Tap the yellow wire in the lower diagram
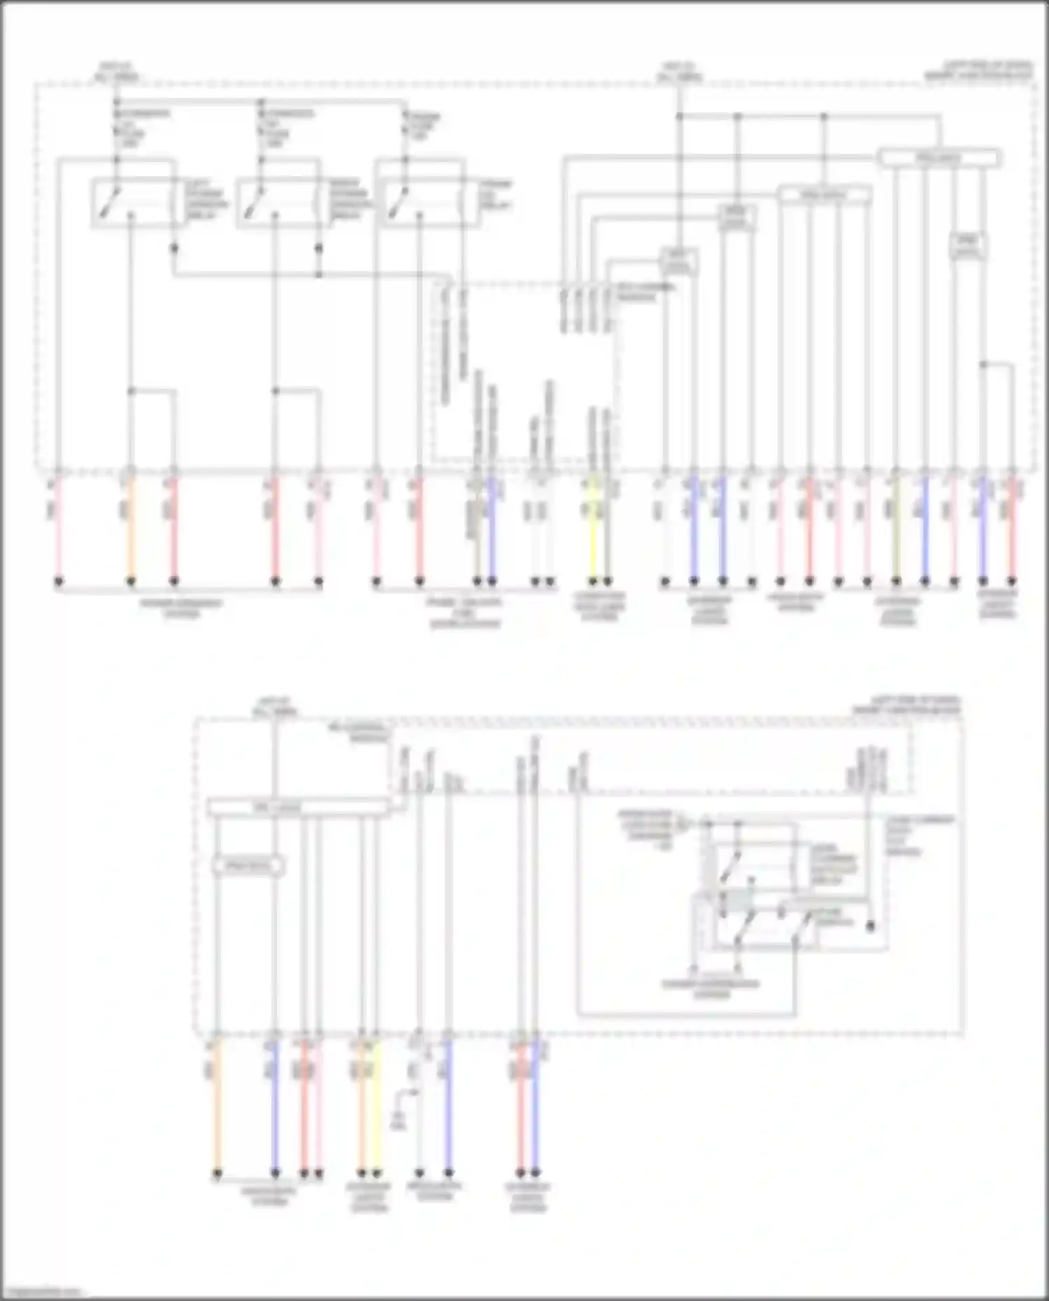[x=376, y=1105]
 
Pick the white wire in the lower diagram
[x=419, y=1133]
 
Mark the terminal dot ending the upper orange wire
[x=130, y=581]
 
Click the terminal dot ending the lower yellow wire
[x=376, y=1173]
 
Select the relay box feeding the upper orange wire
[x=134, y=203]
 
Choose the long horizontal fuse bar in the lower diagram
[x=299, y=808]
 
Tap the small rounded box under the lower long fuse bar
[x=248, y=866]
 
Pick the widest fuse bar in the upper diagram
[x=939, y=158]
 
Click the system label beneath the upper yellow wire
[x=599, y=606]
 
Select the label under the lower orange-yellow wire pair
[x=369, y=1197]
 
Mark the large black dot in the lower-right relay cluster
[x=870, y=926]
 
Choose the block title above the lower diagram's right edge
[x=906, y=705]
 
